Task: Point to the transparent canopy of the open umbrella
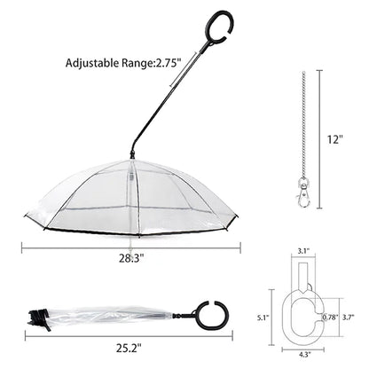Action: tap(133, 200)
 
